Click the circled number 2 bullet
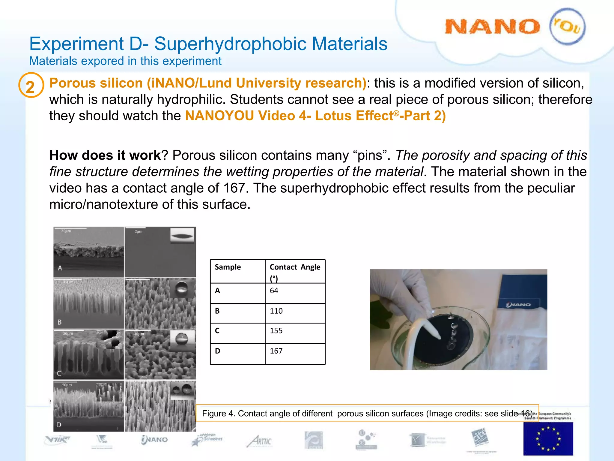pos(31,86)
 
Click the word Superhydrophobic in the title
pos(231,44)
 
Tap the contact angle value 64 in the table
pos(274,291)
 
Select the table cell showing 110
pos(276,311)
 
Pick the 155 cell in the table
pos(276,331)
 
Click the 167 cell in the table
pos(276,351)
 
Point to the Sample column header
pos(228,267)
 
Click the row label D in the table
pos(218,351)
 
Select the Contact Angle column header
pos(295,267)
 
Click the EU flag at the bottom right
pos(548,439)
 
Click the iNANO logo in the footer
pos(155,440)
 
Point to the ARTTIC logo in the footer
pos(259,441)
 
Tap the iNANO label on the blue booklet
pos(518,305)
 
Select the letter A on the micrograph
pos(60,268)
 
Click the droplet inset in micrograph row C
pos(182,339)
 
